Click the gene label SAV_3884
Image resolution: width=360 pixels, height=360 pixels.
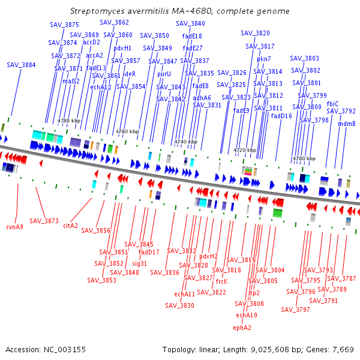coord(21,65)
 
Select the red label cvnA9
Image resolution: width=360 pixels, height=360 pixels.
coord(14,227)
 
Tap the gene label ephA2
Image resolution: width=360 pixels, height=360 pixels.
coord(242,328)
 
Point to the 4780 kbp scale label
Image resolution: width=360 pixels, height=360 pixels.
coord(69,121)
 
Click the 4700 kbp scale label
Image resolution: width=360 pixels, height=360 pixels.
coord(304,158)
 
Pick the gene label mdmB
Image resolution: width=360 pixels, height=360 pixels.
coord(347,124)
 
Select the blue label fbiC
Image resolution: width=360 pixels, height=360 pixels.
coord(332,104)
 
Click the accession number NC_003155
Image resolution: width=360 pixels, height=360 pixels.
coord(65,350)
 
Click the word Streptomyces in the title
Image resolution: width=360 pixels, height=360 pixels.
coord(97,11)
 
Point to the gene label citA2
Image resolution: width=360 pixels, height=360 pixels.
coord(70,226)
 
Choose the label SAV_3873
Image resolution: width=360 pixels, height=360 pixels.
coord(44,221)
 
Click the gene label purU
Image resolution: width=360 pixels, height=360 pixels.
coord(164,74)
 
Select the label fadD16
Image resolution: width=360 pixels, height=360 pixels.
coord(281,116)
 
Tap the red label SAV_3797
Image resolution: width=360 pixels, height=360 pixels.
coord(295,310)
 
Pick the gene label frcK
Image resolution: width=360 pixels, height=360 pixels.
coord(222,281)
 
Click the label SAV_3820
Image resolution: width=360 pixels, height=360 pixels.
coord(256,33)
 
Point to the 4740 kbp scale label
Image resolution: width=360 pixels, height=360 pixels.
coord(186,142)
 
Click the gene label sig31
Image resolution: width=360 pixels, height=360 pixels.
coord(140,263)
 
